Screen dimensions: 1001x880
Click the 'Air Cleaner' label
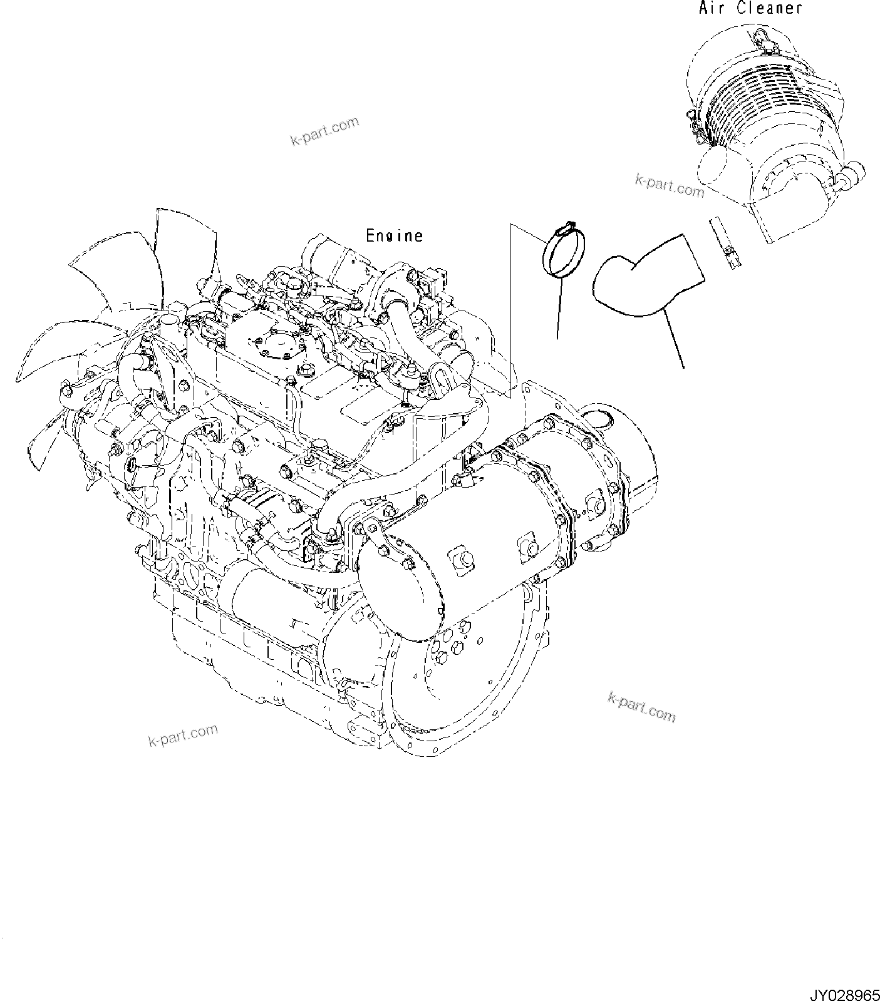pyautogui.click(x=750, y=8)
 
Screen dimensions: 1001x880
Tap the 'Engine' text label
pyautogui.click(x=394, y=236)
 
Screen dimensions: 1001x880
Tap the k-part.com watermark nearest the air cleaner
pyautogui.click(x=670, y=185)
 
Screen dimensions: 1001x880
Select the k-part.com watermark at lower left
pyautogui.click(x=183, y=734)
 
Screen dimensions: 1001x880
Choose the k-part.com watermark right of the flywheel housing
pyautogui.click(x=641, y=706)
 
